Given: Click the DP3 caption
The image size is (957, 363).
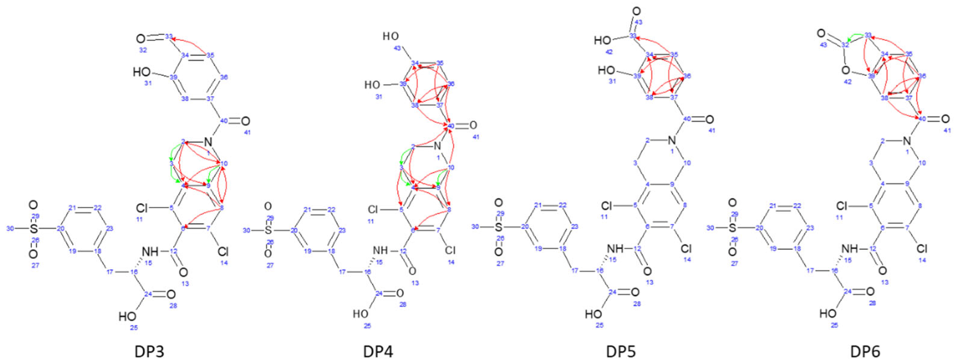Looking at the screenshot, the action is [x=149, y=350].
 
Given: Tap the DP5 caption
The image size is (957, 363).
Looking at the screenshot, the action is [x=621, y=350].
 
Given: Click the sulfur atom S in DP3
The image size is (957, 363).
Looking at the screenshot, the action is [x=34, y=229].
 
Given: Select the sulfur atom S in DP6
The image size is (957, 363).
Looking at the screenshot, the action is [x=732, y=227].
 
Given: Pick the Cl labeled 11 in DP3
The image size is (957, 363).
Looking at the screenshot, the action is [x=142, y=207].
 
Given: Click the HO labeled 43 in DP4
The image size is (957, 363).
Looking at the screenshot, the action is [x=391, y=36].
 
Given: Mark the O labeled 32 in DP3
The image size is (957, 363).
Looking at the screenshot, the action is [x=141, y=38].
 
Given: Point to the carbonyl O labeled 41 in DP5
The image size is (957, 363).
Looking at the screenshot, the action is [x=709, y=119].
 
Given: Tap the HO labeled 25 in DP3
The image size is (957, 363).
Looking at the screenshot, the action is [x=127, y=317].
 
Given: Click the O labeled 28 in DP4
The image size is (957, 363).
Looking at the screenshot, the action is [x=400, y=293].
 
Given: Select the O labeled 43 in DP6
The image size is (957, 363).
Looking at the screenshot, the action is [x=821, y=34].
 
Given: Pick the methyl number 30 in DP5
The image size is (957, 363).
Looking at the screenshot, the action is [x=475, y=227].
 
